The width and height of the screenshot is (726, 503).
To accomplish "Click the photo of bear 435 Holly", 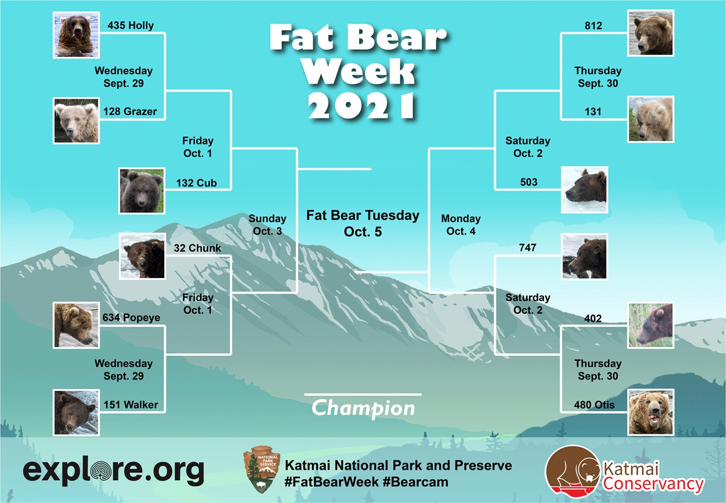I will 76,34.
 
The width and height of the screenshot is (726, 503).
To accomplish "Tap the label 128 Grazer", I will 130,112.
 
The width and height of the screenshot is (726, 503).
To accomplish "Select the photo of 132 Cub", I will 142,191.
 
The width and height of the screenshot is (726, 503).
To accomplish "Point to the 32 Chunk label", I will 197,248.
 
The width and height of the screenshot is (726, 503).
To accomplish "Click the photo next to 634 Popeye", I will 76,325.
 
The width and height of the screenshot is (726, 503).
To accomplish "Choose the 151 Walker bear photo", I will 76,412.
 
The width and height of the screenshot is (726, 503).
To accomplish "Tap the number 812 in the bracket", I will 593,26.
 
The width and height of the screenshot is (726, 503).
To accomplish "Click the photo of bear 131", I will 651,118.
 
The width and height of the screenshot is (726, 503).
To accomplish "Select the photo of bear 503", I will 584,190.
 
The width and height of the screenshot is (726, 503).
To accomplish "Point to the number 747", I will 527,247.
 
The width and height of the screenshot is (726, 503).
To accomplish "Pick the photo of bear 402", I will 651,325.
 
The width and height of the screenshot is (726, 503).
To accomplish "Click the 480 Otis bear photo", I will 651,412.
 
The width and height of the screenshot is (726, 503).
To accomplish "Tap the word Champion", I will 363,408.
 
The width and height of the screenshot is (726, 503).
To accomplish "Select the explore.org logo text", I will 113,471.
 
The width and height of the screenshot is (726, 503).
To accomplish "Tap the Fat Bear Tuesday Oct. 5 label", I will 363,223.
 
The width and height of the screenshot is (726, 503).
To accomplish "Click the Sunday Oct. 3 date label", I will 267,224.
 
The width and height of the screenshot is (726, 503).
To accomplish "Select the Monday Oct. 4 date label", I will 461,224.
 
